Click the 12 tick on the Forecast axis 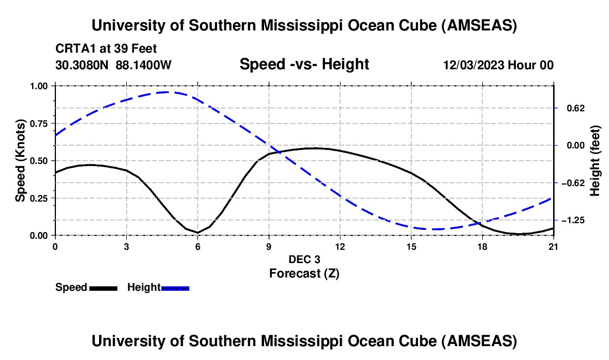[x=340, y=246]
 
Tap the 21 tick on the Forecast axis [x=554, y=246]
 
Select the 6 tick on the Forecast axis [x=198, y=246]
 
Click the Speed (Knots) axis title [x=20, y=161]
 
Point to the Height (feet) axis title [x=595, y=161]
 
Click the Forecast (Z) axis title [x=304, y=273]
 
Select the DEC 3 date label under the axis [x=304, y=259]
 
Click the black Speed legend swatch [x=103, y=288]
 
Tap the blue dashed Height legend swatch [x=176, y=288]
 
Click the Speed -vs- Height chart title [x=304, y=64]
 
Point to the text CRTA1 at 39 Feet [x=106, y=49]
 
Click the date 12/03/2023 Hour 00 [x=498, y=65]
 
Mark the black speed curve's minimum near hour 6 [x=198, y=233]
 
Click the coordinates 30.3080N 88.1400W [x=113, y=65]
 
